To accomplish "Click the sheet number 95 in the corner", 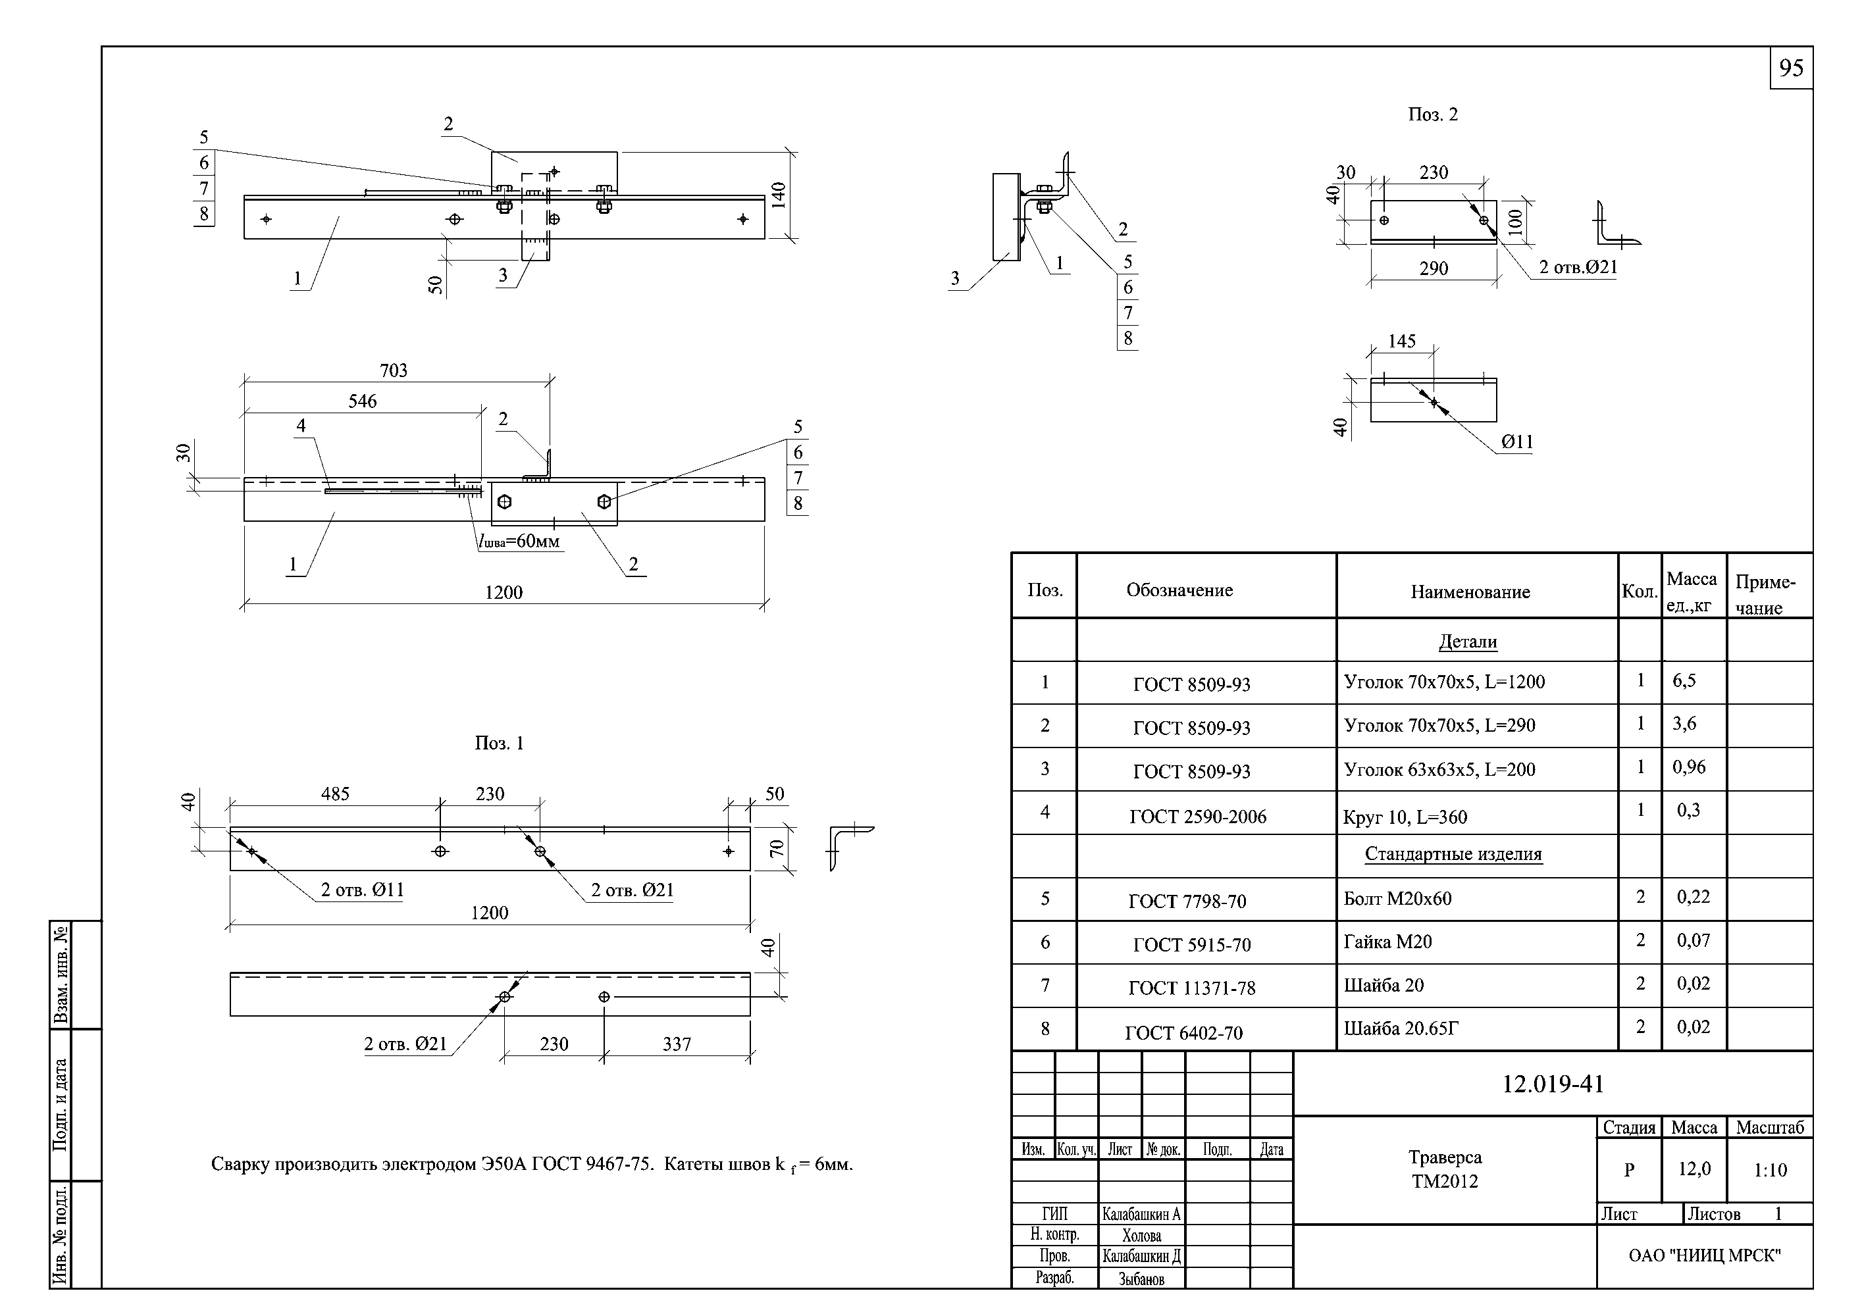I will tap(1791, 68).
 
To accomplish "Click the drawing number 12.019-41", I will tap(1552, 1084).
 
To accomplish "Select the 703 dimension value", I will tap(394, 370).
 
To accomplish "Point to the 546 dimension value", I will tap(363, 401).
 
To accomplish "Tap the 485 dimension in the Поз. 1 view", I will tap(335, 794).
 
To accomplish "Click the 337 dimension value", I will tap(677, 1044).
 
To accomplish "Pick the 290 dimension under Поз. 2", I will tap(1433, 268).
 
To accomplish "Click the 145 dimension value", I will tap(1401, 342).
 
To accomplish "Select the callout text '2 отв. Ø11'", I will tap(362, 890).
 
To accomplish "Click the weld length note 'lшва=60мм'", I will tap(519, 542).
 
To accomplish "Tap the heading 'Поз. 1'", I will tap(499, 744).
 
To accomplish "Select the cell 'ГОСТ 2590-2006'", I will tap(1198, 817).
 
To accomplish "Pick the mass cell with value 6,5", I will tap(1684, 680).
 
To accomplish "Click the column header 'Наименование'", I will tap(1470, 592).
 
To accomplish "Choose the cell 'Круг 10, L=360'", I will tap(1405, 817).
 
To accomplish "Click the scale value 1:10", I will tap(1770, 1170).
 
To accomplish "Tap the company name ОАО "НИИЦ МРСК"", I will tap(1705, 1256).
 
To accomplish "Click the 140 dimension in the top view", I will tap(778, 195).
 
